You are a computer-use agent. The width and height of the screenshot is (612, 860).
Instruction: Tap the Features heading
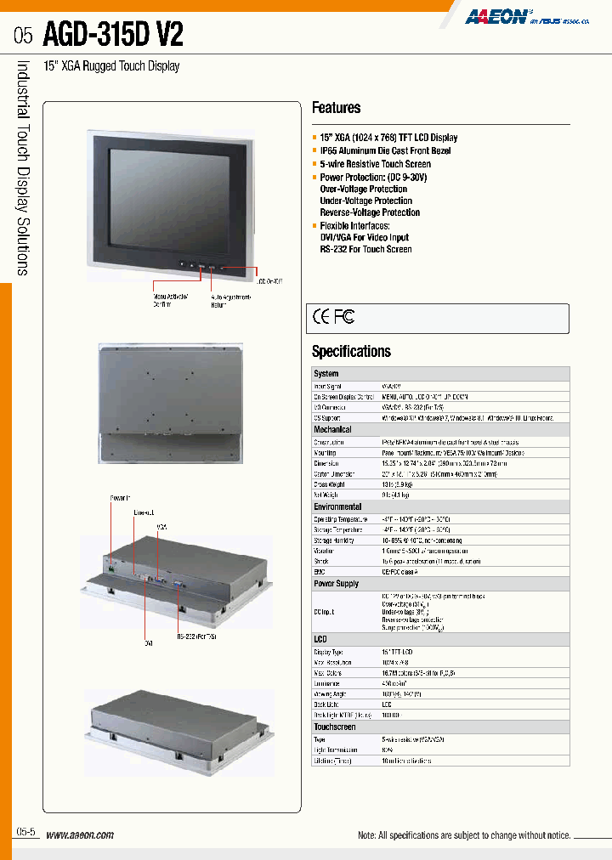tap(336, 108)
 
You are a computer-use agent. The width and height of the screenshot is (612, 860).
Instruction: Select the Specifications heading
tap(351, 351)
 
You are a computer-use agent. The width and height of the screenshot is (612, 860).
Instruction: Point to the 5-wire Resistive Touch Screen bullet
tap(375, 164)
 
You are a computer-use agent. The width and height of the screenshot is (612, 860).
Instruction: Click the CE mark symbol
tap(321, 318)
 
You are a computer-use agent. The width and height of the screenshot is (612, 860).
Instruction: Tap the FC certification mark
tap(344, 318)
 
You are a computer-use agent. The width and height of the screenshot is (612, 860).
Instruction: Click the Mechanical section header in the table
tap(332, 430)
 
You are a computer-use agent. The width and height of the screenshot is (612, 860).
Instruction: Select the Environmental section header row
tap(337, 506)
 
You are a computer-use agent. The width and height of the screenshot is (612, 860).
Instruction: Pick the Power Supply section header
tap(336, 584)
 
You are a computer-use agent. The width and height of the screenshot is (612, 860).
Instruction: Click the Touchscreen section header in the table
tap(334, 727)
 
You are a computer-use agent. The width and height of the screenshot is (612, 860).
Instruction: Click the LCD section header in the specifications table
tap(320, 638)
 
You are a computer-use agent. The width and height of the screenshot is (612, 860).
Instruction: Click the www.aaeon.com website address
tap(79, 835)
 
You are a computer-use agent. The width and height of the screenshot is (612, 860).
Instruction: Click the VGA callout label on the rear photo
tap(162, 527)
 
